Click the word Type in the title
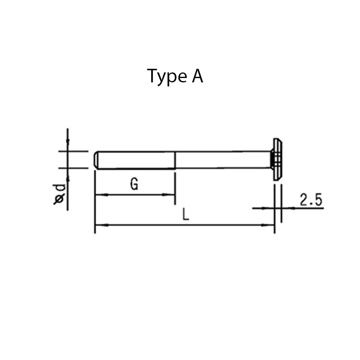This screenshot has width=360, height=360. [x=165, y=76]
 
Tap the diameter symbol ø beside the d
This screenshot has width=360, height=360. [x=60, y=199]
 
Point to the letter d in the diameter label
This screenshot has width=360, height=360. [x=60, y=187]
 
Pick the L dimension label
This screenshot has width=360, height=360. [x=185, y=215]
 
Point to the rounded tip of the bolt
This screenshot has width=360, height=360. [x=96, y=160]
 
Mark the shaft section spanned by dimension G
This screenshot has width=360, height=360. [x=136, y=160]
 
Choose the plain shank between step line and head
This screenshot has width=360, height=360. [x=222, y=160]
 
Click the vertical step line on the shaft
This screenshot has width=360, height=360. [x=175, y=160]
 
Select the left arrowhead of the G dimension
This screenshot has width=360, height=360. [x=99, y=195]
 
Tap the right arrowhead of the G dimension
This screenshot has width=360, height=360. [x=171, y=195]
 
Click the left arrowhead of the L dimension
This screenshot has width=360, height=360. [x=99, y=225]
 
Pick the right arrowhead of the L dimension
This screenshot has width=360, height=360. [x=270, y=225]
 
